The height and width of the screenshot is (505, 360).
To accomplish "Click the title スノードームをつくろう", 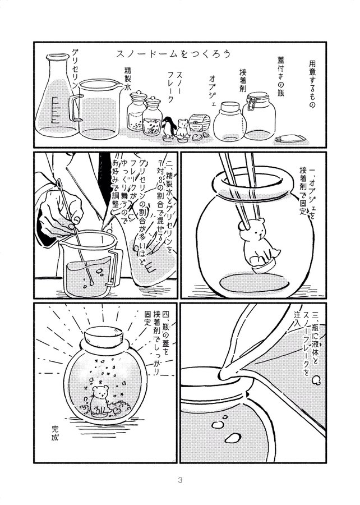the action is [173, 54].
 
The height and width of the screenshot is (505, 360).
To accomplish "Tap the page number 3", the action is [180, 480].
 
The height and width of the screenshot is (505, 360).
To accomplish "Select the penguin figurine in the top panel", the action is [167, 129].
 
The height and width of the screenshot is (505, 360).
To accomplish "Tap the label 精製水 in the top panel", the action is [128, 80].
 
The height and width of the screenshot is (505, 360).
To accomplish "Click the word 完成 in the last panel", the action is [55, 433].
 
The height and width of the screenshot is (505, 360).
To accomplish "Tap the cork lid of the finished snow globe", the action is [104, 337].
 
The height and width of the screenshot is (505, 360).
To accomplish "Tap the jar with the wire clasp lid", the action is [259, 116].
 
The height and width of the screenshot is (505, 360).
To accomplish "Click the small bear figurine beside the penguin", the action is [182, 130].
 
